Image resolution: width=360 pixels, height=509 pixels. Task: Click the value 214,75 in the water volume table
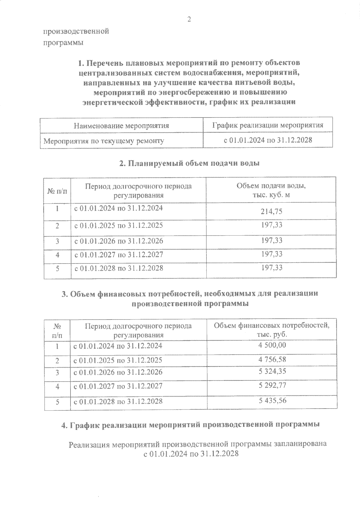pyautogui.click(x=271, y=212)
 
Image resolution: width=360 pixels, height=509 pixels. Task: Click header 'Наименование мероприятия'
pyautogui.click(x=121, y=126)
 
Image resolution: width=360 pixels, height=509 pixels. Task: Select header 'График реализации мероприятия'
pyautogui.click(x=268, y=125)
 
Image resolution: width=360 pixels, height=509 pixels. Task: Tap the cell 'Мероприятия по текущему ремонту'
pyautogui.click(x=104, y=141)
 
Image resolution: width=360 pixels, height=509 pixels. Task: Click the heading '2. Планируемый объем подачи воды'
pyautogui.click(x=189, y=163)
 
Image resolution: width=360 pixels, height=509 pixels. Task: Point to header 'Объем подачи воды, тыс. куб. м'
pyautogui.click(x=271, y=190)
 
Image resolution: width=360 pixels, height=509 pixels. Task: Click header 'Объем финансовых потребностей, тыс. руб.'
pyautogui.click(x=271, y=330)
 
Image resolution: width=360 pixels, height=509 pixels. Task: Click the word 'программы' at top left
pyautogui.click(x=63, y=43)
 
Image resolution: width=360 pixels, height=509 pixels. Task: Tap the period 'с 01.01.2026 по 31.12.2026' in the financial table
pyautogui.click(x=118, y=372)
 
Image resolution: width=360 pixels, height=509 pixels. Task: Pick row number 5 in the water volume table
pyautogui.click(x=57, y=268)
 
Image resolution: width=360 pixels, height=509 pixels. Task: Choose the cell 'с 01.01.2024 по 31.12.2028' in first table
pyautogui.click(x=268, y=140)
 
